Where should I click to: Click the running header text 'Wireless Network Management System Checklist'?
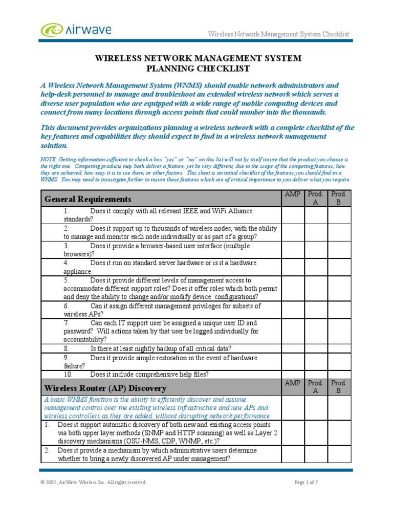pos(278,34)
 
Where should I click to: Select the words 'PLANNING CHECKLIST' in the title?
pos(198,69)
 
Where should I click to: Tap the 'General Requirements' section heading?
pos(88,199)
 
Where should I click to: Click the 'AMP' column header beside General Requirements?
pos(292,194)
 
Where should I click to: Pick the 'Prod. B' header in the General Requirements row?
pos(339,198)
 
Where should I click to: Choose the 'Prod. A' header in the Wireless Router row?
pos(316,387)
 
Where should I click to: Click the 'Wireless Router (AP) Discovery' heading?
pos(105,387)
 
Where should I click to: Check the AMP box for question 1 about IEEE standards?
pos(292,215)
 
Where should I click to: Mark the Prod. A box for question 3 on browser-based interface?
pos(316,250)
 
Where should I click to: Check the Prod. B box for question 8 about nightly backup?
pos(339,348)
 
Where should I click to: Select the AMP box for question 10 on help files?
pos(292,374)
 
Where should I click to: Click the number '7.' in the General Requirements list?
pos(67,323)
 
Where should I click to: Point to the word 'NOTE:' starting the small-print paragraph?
pos(49,160)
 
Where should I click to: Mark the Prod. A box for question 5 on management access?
pos(316,288)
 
